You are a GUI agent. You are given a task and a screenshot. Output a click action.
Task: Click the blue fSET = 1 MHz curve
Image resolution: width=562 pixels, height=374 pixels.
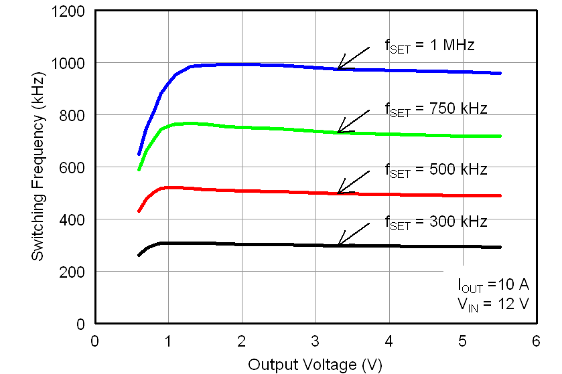point(281,65)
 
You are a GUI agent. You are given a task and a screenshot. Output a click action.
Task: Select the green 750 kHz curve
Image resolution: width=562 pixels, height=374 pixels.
point(281,128)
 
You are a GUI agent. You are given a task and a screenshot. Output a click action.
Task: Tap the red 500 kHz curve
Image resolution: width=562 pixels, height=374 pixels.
point(281,192)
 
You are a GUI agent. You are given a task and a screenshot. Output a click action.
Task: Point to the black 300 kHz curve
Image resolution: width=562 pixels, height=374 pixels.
point(281,245)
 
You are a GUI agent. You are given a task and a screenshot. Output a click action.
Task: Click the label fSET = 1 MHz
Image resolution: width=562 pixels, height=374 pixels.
point(429,46)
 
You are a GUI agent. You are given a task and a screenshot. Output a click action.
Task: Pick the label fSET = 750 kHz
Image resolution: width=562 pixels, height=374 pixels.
point(435,108)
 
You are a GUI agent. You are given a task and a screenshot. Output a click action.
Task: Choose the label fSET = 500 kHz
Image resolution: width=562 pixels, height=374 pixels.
point(435,170)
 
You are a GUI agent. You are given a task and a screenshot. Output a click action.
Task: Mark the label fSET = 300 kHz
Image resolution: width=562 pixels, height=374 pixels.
point(435,222)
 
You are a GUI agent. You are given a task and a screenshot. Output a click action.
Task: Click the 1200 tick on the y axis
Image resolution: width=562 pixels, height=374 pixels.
point(71,11)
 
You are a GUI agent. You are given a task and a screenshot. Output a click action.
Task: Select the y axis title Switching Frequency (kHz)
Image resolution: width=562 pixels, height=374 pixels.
point(38,167)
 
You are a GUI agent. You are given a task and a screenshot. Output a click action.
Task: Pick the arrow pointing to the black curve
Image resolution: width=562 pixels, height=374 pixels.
point(353,233)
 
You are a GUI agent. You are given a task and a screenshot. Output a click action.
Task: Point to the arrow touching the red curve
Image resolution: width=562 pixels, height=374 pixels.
point(353,182)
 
